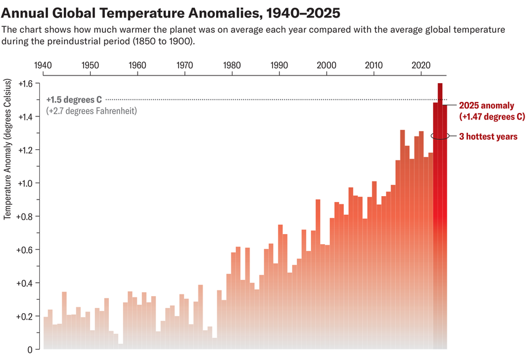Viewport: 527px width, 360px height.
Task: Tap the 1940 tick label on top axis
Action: click(43, 65)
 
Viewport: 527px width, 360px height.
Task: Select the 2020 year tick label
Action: click(420, 65)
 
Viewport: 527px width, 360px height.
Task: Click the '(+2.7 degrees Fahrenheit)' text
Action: click(91, 111)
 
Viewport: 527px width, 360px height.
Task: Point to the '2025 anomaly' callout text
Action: click(486, 106)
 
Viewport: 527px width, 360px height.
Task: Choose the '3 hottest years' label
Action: click(488, 136)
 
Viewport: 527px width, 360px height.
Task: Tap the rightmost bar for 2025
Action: click(444, 234)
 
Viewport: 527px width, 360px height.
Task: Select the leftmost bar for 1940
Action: click(46, 334)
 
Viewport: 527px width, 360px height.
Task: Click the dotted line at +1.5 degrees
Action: click(263, 100)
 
